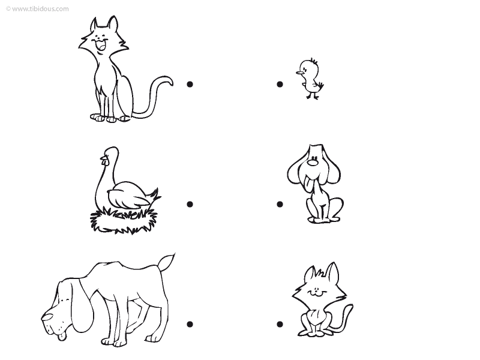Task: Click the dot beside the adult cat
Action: [190, 84]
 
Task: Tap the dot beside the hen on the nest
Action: [190, 204]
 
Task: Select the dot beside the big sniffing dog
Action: [190, 324]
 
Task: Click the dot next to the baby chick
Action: [280, 84]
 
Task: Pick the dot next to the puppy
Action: [280, 204]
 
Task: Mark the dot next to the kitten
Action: [280, 324]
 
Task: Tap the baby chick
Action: [310, 79]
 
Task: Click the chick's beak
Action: [299, 73]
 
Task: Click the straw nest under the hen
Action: [123, 220]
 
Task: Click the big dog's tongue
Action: [62, 337]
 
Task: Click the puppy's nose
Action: [313, 161]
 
